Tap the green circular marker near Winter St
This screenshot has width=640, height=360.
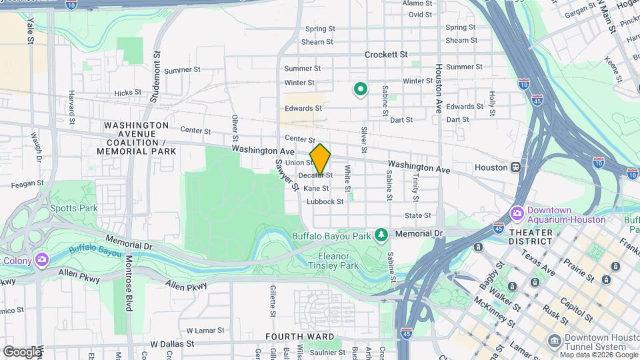[361, 89]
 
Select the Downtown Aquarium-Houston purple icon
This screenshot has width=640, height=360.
[517, 214]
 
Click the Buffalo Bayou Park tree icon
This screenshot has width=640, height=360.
[381, 235]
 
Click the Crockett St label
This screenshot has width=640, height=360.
[386, 55]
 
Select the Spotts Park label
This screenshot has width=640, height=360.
[74, 208]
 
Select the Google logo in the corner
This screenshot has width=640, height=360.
[22, 351]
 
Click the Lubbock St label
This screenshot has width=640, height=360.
[325, 201]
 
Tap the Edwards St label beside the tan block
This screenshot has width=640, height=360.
[303, 108]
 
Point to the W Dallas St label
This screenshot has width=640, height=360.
[171, 344]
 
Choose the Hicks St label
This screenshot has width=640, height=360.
[127, 93]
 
